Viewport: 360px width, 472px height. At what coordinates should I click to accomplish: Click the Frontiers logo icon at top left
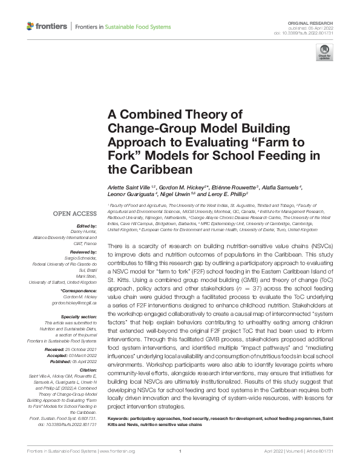(31, 26)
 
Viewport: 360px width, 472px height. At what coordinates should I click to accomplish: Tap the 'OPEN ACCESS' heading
(74, 214)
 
